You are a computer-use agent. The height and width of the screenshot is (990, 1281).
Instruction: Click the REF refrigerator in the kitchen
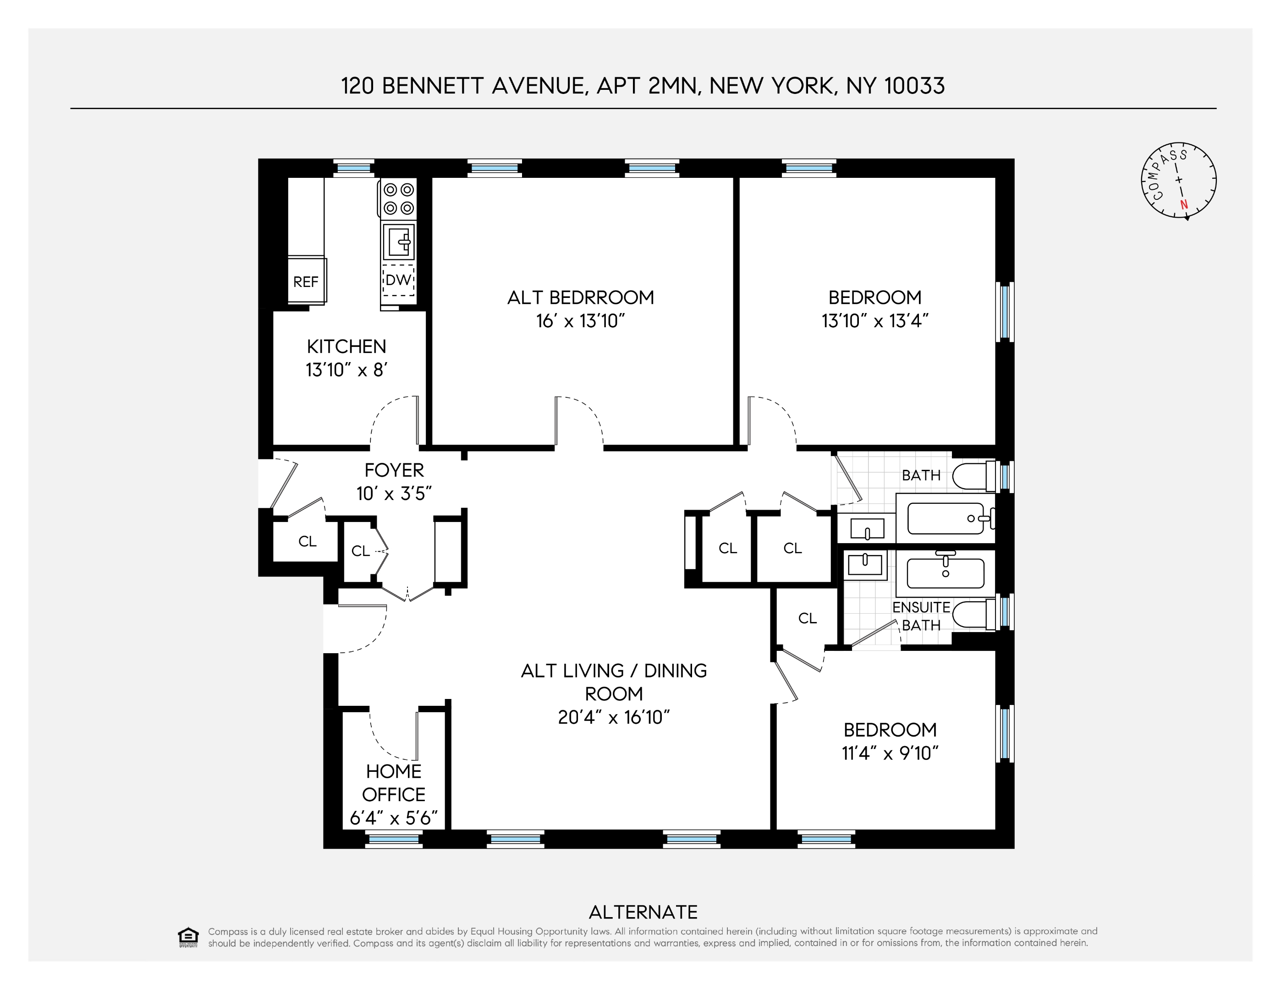pyautogui.click(x=306, y=281)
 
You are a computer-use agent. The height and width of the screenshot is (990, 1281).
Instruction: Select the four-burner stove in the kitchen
pyautogui.click(x=399, y=199)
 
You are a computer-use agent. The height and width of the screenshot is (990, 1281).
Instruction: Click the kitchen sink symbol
pyautogui.click(x=399, y=241)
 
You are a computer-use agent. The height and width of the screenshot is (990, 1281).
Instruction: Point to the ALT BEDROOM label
pyautogui.click(x=580, y=297)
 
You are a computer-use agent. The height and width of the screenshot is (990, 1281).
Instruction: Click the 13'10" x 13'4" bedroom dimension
pyautogui.click(x=874, y=321)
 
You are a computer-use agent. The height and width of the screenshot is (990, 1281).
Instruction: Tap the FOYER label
pyautogui.click(x=394, y=470)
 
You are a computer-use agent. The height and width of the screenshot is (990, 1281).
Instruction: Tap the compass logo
pyautogui.click(x=1178, y=180)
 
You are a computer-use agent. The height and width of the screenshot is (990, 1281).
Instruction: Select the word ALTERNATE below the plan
pyautogui.click(x=643, y=913)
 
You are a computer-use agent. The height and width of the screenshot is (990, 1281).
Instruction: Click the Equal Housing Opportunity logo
pyautogui.click(x=188, y=937)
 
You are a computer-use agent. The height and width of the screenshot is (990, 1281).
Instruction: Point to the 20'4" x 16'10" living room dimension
pyautogui.click(x=614, y=717)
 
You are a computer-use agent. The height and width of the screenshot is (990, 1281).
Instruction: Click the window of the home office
pyautogui.click(x=394, y=840)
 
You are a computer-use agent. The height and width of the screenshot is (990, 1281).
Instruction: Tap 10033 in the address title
pyautogui.click(x=914, y=86)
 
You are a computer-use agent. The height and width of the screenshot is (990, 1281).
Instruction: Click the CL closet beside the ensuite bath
pyautogui.click(x=807, y=618)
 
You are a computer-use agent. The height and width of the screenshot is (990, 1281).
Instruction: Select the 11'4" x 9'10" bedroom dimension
pyautogui.click(x=890, y=753)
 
